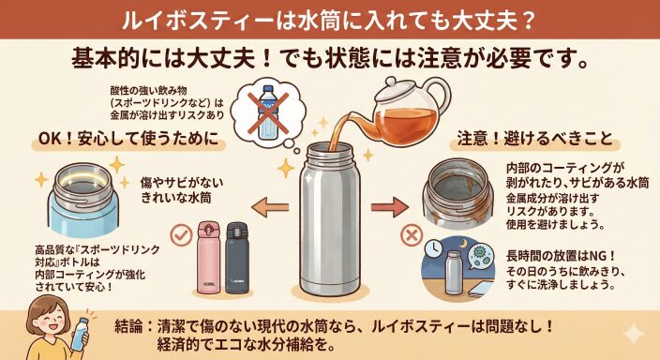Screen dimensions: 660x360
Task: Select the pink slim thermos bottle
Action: (x=209, y=257)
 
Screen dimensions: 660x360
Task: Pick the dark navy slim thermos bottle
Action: (x=237, y=257)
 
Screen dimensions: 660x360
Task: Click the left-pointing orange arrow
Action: (x=270, y=207)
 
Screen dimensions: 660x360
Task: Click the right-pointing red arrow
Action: (x=389, y=207)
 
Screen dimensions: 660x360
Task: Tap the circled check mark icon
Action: (x=181, y=235)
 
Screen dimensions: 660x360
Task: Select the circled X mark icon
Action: (x=412, y=235)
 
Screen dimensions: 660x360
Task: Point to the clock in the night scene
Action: (x=433, y=250)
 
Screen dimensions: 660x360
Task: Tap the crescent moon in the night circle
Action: (x=463, y=244)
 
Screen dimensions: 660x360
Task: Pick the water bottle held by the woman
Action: (x=81, y=334)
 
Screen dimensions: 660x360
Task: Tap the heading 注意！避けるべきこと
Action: (x=534, y=139)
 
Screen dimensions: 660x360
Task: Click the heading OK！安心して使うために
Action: (x=128, y=139)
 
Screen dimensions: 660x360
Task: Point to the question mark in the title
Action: (x=529, y=20)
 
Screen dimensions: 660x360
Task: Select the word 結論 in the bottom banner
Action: (x=128, y=327)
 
